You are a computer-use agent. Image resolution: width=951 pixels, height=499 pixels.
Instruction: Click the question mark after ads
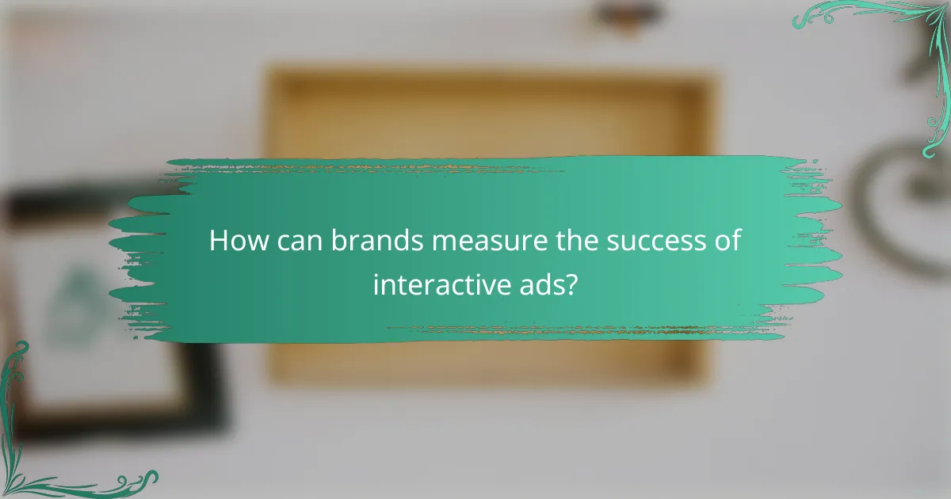pos(571,284)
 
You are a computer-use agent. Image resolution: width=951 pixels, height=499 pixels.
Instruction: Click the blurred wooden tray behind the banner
pos(491,111)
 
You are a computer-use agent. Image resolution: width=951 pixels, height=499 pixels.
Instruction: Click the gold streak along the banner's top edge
pos(380,169)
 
